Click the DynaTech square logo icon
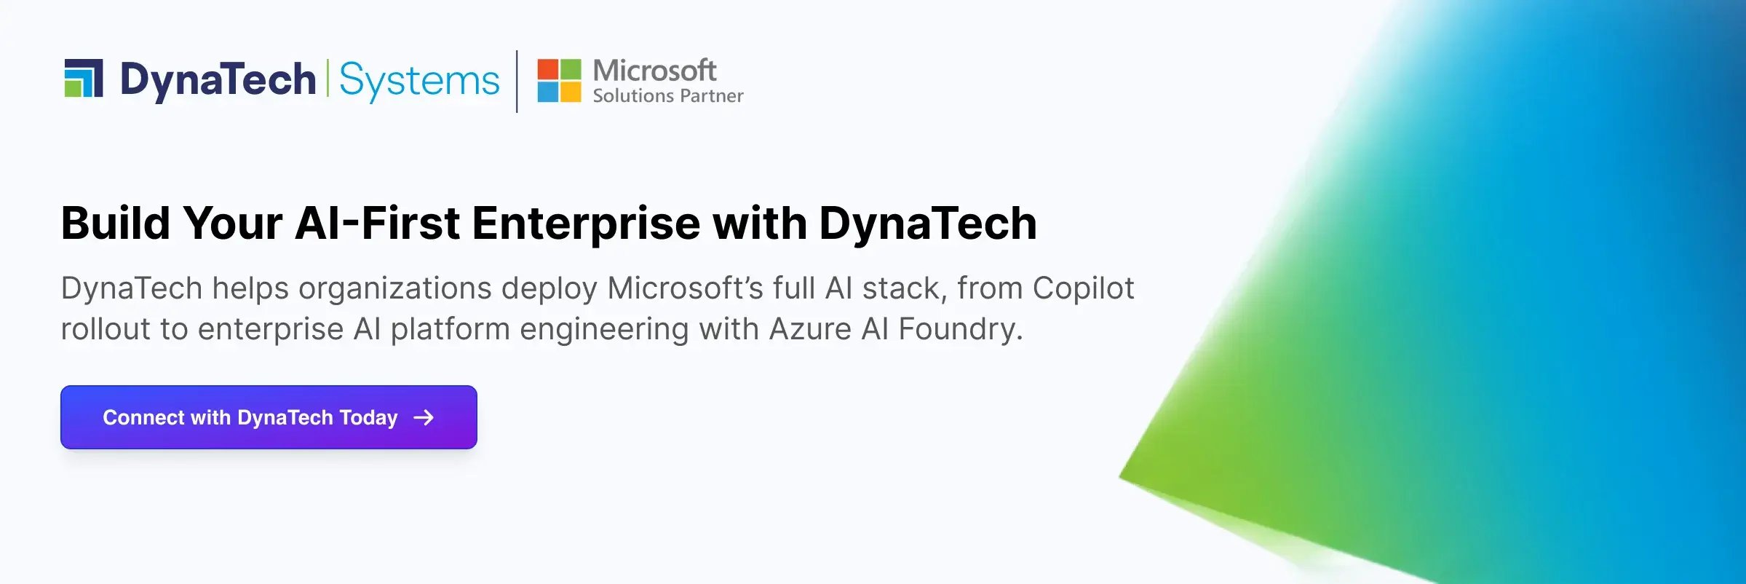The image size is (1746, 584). [x=83, y=78]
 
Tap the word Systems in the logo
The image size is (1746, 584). [x=419, y=80]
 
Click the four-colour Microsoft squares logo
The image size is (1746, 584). [x=559, y=80]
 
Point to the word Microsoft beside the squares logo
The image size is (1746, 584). [x=654, y=71]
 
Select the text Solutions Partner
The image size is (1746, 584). [x=667, y=96]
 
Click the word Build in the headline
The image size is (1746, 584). [x=116, y=223]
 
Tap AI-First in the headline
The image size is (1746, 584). [x=377, y=223]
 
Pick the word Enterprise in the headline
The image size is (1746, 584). [x=586, y=223]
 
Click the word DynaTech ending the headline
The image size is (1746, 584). [x=928, y=223]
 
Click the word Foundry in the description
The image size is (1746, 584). [x=960, y=329]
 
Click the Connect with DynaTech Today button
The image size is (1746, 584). [x=269, y=417]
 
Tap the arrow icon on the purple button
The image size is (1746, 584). [x=424, y=417]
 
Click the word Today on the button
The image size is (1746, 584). [x=368, y=418]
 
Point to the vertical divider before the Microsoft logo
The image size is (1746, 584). [x=517, y=81]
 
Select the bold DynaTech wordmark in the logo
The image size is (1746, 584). [x=218, y=79]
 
